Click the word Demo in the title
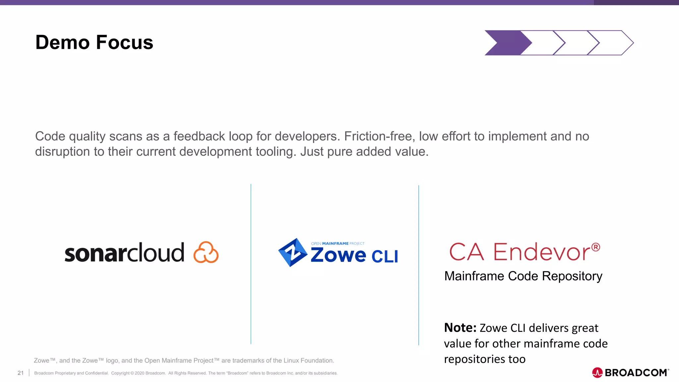62,43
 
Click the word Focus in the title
125,43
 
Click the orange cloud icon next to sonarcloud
206,252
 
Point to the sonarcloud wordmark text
124,253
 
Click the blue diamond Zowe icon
292,252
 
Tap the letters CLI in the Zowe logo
385,256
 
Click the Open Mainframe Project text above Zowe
338,243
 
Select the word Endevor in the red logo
542,252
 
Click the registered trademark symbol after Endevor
595,247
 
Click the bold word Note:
460,328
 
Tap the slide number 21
21,373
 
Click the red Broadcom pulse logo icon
597,373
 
